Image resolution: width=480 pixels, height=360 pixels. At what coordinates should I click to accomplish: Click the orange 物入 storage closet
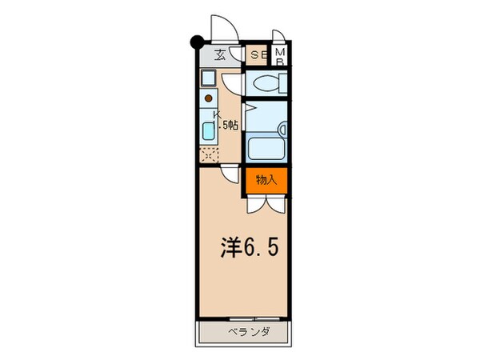(x=266, y=180)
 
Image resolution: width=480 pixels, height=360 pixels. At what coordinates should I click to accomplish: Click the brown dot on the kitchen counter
(x=209, y=98)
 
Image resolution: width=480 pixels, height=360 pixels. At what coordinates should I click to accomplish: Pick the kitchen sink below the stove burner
(x=208, y=131)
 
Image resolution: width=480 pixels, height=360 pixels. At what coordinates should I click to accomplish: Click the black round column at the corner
(x=195, y=42)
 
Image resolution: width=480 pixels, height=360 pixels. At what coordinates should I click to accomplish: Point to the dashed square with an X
(x=209, y=154)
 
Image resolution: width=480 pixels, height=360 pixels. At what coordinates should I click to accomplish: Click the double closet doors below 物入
(x=266, y=204)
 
